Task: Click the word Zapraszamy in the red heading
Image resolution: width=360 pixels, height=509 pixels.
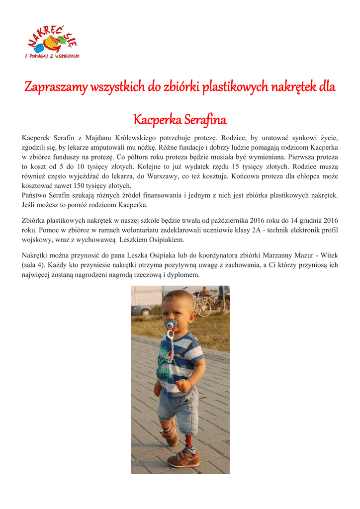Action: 55,87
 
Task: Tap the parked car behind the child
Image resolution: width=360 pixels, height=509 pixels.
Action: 141,310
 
